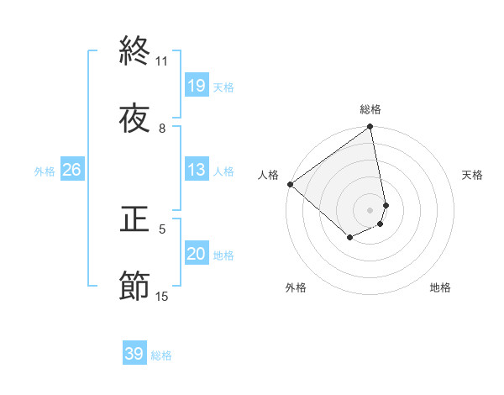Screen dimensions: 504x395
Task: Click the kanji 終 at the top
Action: click(134, 51)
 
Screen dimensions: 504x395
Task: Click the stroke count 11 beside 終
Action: click(162, 61)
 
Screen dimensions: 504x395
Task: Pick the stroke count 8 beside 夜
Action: click(162, 129)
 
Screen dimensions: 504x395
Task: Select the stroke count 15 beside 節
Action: click(162, 296)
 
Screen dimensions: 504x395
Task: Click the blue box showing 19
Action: click(197, 86)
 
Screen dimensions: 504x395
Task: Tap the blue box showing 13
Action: click(197, 170)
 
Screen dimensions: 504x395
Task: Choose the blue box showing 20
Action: click(197, 254)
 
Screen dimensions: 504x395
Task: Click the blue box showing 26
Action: click(71, 170)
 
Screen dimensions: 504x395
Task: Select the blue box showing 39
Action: click(134, 354)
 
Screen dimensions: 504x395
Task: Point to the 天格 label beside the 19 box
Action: click(223, 87)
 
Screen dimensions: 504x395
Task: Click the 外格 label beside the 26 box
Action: click(45, 171)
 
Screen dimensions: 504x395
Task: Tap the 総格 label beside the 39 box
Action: click(161, 355)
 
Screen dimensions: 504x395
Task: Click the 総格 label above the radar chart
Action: click(370, 109)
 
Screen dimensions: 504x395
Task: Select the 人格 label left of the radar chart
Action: click(269, 175)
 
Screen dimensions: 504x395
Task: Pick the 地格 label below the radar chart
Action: click(440, 287)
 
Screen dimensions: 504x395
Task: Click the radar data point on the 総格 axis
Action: click(370, 128)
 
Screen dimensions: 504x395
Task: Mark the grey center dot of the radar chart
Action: click(370, 209)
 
